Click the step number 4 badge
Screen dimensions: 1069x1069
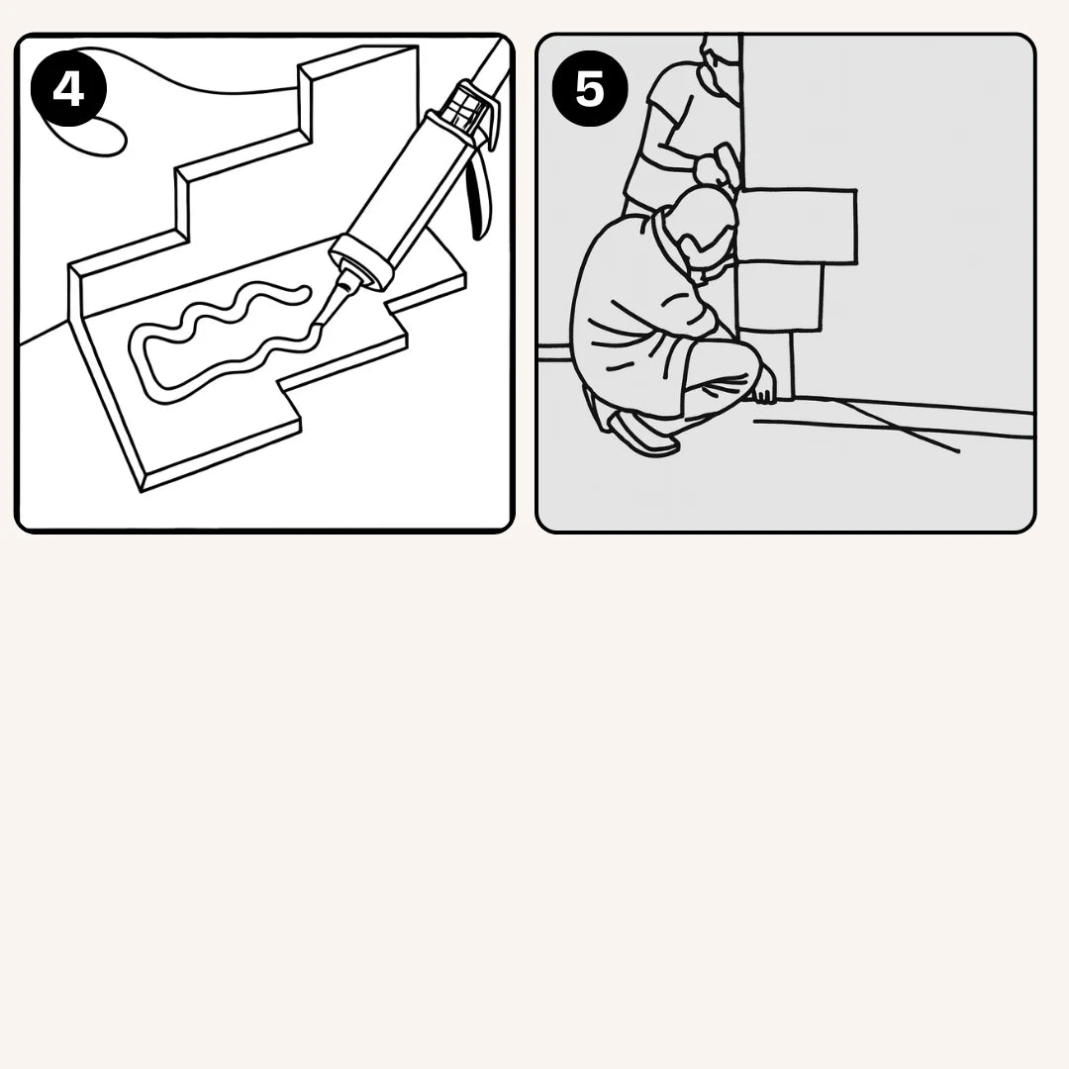pyautogui.click(x=69, y=89)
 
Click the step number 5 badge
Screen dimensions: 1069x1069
pyautogui.click(x=590, y=89)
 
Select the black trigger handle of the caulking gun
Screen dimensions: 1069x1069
pyautogui.click(x=479, y=192)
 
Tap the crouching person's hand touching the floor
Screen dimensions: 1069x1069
pyautogui.click(x=765, y=393)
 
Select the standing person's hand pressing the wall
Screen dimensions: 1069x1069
pyautogui.click(x=713, y=164)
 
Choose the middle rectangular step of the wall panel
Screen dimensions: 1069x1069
pyautogui.click(x=781, y=297)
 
